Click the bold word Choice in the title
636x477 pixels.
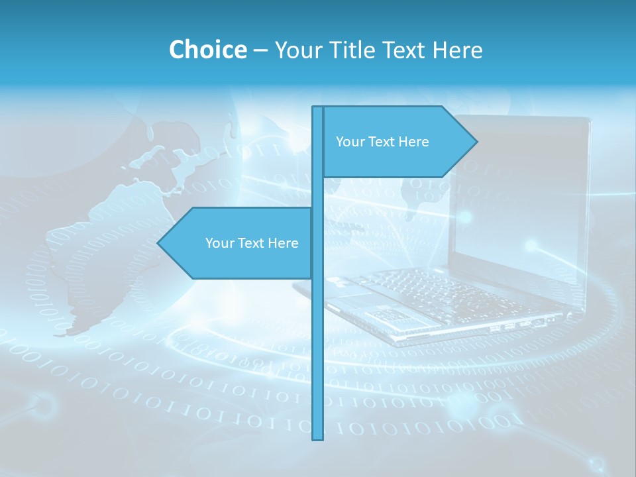click(207, 50)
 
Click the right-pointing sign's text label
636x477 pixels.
click(382, 142)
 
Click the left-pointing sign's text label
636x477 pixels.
click(252, 243)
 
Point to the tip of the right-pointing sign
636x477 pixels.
click(476, 141)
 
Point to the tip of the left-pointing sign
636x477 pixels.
click(158, 242)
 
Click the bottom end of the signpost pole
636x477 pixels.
click(318, 438)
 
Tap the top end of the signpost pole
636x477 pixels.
click(318, 108)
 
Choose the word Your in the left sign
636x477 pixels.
click(219, 243)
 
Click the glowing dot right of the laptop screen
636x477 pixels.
click(531, 246)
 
